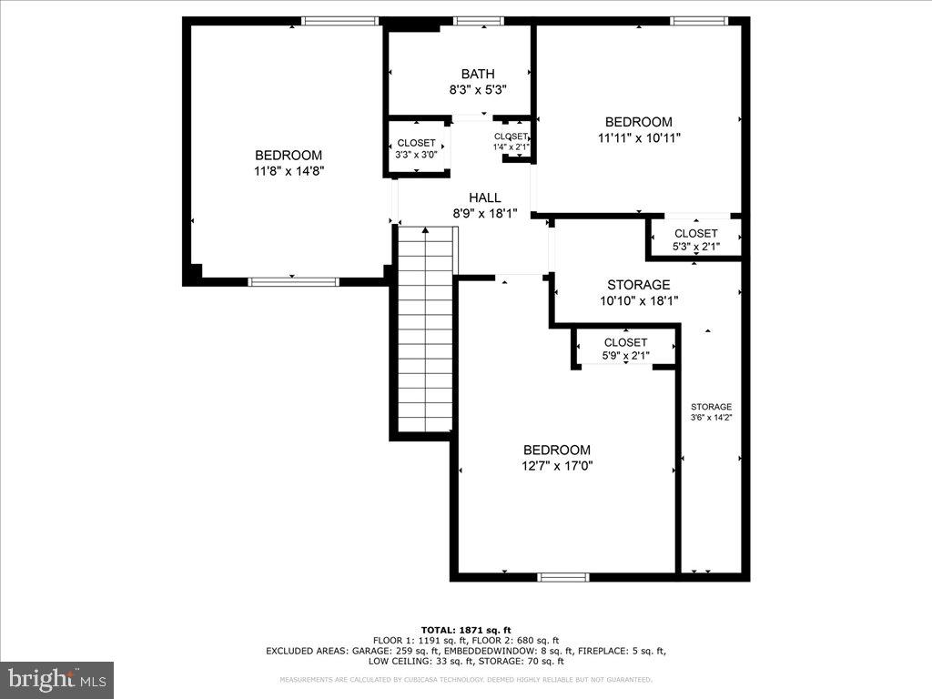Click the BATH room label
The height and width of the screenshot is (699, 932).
pyautogui.click(x=478, y=74)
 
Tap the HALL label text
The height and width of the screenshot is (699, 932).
pyautogui.click(x=484, y=198)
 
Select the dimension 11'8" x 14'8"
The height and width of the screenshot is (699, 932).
pyautogui.click(x=289, y=170)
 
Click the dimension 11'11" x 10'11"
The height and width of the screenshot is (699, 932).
pyautogui.click(x=639, y=137)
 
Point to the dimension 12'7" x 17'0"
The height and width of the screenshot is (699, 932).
pyautogui.click(x=556, y=465)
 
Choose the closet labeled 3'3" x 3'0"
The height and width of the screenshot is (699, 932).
pyautogui.click(x=416, y=148)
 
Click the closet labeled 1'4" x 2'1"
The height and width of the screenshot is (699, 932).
pyautogui.click(x=511, y=141)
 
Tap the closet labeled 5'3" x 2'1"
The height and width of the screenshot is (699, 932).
pyautogui.click(x=695, y=239)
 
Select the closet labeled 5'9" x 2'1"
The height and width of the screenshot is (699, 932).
pyautogui.click(x=625, y=349)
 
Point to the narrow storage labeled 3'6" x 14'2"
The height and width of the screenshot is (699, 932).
pyautogui.click(x=711, y=411)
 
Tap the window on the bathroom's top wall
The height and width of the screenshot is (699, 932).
pyautogui.click(x=479, y=21)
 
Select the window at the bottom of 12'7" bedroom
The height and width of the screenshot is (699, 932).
pyautogui.click(x=563, y=576)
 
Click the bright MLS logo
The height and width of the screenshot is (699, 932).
pyautogui.click(x=56, y=678)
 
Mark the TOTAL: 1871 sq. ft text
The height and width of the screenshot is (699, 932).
pyautogui.click(x=465, y=630)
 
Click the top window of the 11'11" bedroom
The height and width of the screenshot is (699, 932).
pyautogui.click(x=698, y=21)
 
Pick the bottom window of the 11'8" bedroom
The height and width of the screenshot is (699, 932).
pyautogui.click(x=293, y=281)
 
